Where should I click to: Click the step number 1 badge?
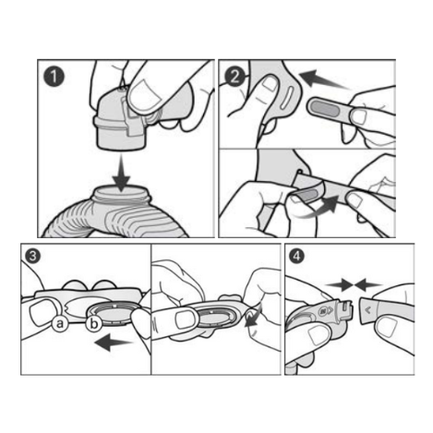pyautogui.click(x=54, y=77)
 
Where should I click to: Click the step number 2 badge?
pyautogui.click(x=235, y=77)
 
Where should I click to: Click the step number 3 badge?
pyautogui.click(x=32, y=256)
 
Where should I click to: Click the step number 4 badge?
pyautogui.click(x=297, y=256)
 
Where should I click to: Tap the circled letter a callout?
pyautogui.click(x=60, y=323)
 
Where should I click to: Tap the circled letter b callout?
pyautogui.click(x=94, y=323)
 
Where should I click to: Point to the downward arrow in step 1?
pyautogui.click(x=122, y=173)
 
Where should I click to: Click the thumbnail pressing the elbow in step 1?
pyautogui.click(x=144, y=94)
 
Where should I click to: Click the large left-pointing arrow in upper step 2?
pyautogui.click(x=323, y=78)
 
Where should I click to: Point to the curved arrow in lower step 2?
pyautogui.click(x=320, y=208)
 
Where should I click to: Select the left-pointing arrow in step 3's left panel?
pyautogui.click(x=114, y=343)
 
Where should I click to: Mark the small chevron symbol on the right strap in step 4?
pyautogui.click(x=368, y=310)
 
